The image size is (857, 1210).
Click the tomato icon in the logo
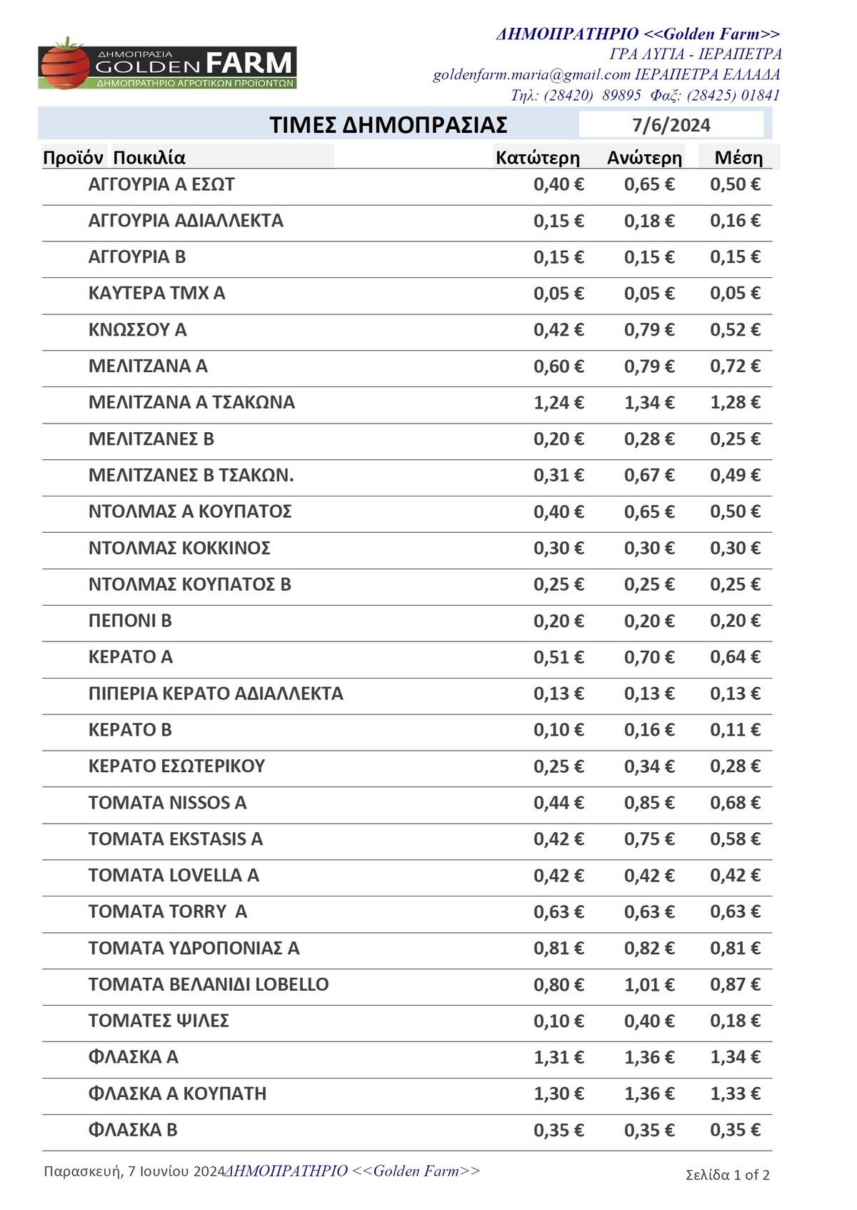(65, 65)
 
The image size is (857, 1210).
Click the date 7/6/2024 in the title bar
(671, 125)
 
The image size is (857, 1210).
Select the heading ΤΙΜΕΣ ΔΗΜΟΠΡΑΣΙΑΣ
(388, 125)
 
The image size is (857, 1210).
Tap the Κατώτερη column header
(537, 158)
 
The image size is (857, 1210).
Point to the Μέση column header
(738, 158)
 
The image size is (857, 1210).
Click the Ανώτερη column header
(644, 158)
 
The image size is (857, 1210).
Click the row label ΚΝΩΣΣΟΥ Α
(137, 330)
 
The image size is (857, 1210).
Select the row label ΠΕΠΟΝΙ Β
(130, 621)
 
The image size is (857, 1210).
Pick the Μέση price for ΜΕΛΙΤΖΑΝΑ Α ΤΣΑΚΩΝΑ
(735, 403)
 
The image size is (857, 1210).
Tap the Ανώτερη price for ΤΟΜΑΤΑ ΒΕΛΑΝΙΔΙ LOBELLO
(649, 985)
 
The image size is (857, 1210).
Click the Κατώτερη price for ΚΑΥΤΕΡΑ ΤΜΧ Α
(558, 294)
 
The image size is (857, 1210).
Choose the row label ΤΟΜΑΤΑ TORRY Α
(168, 912)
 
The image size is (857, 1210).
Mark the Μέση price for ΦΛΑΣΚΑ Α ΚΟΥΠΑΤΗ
(735, 1094)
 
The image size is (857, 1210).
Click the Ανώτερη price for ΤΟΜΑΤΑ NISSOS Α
(649, 803)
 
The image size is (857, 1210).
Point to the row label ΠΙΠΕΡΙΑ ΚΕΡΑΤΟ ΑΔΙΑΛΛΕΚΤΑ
(216, 694)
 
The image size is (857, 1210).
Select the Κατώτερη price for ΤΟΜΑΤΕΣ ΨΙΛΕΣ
(558, 1021)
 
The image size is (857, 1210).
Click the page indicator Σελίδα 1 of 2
(727, 1175)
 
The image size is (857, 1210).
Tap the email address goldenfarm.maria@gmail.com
(531, 74)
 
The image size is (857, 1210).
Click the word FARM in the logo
(249, 63)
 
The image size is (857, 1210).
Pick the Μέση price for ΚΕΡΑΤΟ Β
(735, 730)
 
